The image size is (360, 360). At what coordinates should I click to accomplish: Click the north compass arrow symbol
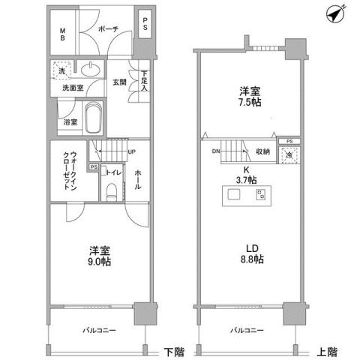pyautogui.click(x=335, y=13)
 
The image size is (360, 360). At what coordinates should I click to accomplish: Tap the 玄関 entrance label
pyautogui.click(x=120, y=82)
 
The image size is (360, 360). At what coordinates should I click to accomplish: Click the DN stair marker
pyautogui.click(x=216, y=151)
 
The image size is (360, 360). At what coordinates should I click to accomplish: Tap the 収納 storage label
pyautogui.click(x=262, y=151)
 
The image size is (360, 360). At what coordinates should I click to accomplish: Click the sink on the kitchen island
pyautogui.click(x=232, y=196)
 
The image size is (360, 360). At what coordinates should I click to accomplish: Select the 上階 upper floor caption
pyautogui.click(x=325, y=350)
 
